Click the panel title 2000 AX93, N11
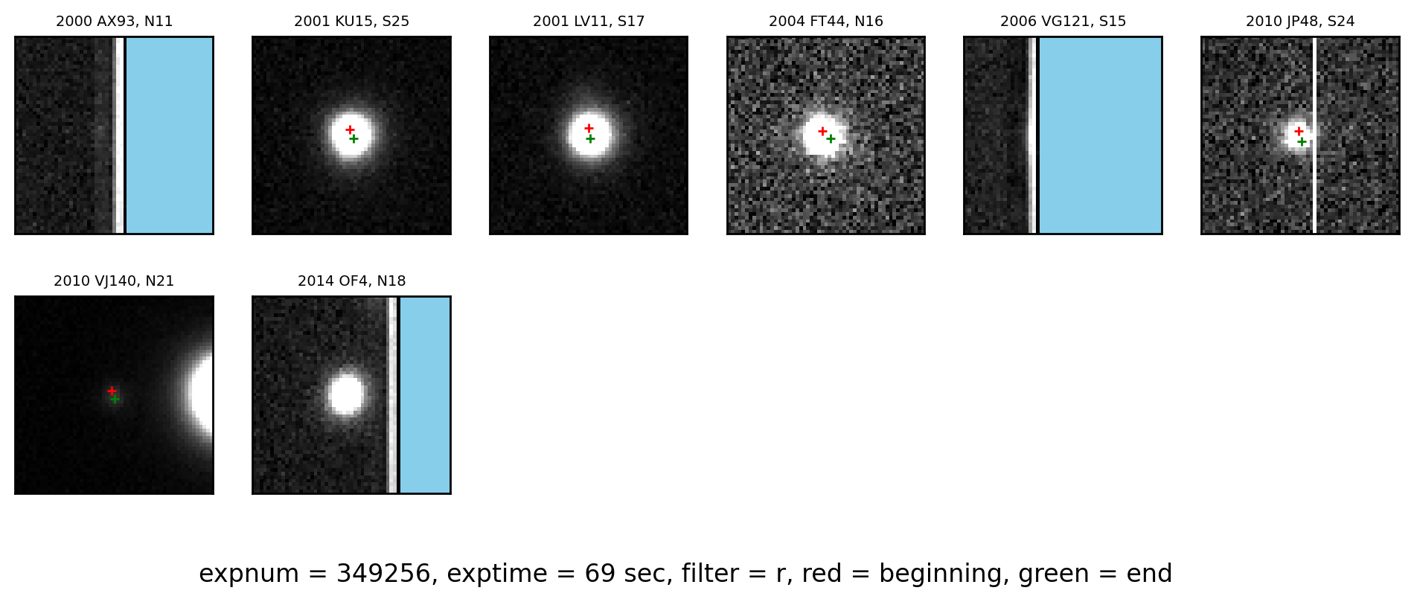(114, 22)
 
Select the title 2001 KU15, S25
(351, 22)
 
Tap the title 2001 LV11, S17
(589, 22)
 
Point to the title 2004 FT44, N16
(826, 22)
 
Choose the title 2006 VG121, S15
(1063, 22)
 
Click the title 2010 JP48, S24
(1300, 22)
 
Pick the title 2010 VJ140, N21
(114, 281)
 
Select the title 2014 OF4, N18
(351, 281)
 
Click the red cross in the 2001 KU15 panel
(350, 129)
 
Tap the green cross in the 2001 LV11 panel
(590, 138)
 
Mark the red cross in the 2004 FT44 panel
(822, 131)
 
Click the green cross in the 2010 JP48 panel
(1302, 141)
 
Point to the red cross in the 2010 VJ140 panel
(112, 391)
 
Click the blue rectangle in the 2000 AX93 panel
(169, 135)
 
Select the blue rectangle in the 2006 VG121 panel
(1100, 135)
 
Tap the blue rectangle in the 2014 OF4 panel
(425, 395)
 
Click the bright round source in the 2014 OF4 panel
(346, 394)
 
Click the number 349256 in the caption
(383, 574)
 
